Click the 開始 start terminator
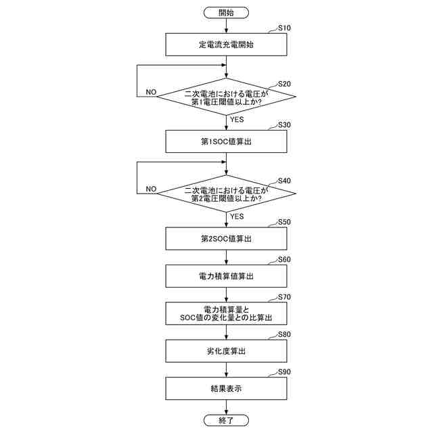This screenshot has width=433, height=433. pyautogui.click(x=227, y=13)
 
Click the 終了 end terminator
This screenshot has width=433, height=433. pyautogui.click(x=227, y=420)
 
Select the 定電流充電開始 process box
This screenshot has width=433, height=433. pyautogui.click(x=227, y=45)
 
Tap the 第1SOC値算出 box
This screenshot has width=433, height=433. pyautogui.click(x=227, y=141)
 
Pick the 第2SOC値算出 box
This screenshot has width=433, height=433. pyautogui.click(x=227, y=239)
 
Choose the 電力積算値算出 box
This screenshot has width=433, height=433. pyautogui.click(x=227, y=276)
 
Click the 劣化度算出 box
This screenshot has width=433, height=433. pyautogui.click(x=227, y=350)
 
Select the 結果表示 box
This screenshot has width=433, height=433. pyautogui.click(x=227, y=388)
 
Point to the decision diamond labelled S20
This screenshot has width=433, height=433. pyautogui.click(x=227, y=97)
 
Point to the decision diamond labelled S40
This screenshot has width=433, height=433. pyautogui.click(x=227, y=194)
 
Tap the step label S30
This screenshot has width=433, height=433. pyautogui.click(x=285, y=125)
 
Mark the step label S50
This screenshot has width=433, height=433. pyautogui.click(x=285, y=222)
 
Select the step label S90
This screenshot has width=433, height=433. pyautogui.click(x=285, y=371)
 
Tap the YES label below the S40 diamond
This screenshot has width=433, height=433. pyautogui.click(x=237, y=216)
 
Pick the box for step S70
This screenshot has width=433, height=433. pyautogui.click(x=227, y=313)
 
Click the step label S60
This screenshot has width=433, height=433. pyautogui.click(x=285, y=259)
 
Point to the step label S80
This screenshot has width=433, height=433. pyautogui.click(x=285, y=334)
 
